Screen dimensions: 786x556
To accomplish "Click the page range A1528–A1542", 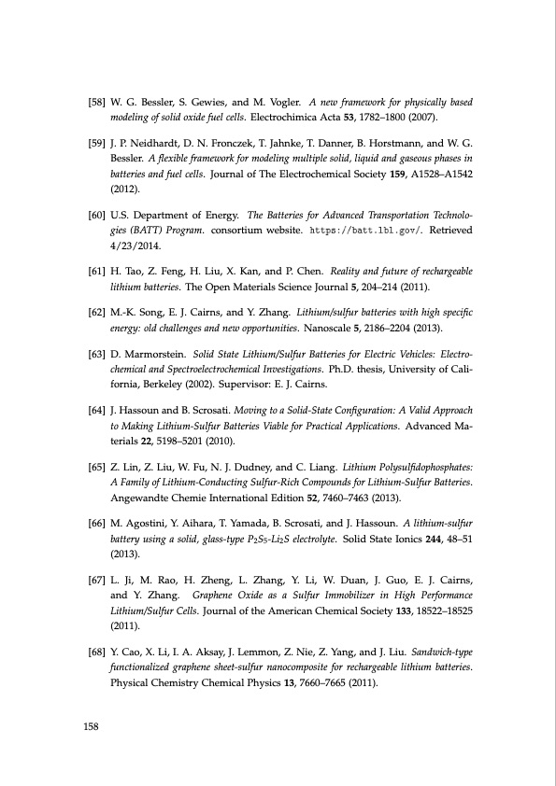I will click(x=439, y=173).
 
